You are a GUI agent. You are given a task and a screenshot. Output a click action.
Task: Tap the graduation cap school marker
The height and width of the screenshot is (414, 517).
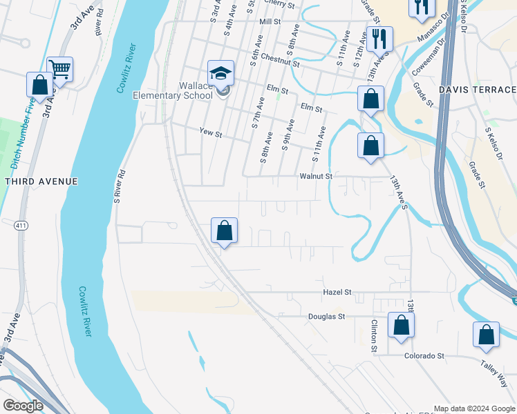pyautogui.click(x=221, y=73)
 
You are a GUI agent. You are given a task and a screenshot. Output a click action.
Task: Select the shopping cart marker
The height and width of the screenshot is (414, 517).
pyautogui.click(x=60, y=69)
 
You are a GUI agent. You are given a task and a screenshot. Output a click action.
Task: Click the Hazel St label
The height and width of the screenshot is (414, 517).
pyautogui.click(x=338, y=293)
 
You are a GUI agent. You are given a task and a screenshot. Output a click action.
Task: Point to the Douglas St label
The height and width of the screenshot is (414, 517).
pyautogui.click(x=326, y=317)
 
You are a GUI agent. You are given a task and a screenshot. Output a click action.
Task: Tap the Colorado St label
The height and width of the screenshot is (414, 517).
pyautogui.click(x=424, y=356)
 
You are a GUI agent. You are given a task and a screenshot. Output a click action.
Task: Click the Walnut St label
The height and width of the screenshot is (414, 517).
pyautogui.click(x=316, y=177)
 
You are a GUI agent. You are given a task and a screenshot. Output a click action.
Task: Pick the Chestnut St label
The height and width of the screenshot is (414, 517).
pyautogui.click(x=280, y=63)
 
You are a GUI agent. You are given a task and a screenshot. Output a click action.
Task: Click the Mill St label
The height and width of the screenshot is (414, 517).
pyautogui.click(x=270, y=22)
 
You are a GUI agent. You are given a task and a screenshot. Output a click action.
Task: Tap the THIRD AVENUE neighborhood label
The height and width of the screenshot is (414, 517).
pyautogui.click(x=41, y=181)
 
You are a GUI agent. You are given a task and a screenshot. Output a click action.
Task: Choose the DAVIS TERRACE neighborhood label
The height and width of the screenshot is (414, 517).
pyautogui.click(x=477, y=90)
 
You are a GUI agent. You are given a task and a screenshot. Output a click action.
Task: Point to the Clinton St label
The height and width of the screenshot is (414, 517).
pyautogui.click(x=374, y=335)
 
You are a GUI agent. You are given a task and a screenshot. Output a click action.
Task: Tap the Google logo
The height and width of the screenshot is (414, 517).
pyautogui.click(x=23, y=406)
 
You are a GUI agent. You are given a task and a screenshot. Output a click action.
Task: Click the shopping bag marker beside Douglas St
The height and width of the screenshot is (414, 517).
pyautogui.click(x=402, y=325)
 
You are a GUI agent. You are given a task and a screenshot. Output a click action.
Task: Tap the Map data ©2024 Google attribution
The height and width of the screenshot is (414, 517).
pyautogui.click(x=474, y=408)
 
